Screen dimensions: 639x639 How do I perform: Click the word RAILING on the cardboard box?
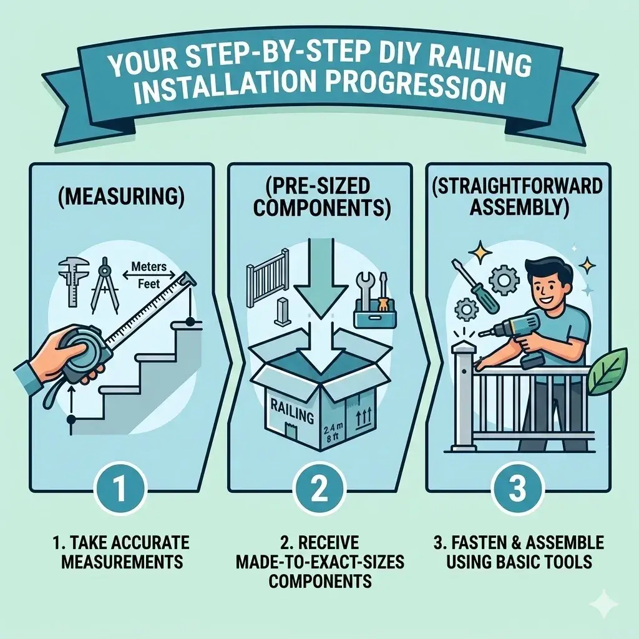point(288,406)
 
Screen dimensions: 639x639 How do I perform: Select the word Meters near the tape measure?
point(149,267)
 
